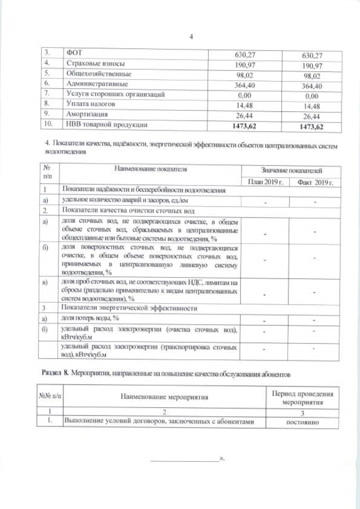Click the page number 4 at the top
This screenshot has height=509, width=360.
point(191,37)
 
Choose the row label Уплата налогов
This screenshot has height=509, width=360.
point(91,104)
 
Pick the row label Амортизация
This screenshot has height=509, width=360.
point(88,114)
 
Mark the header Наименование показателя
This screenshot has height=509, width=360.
point(150,168)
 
